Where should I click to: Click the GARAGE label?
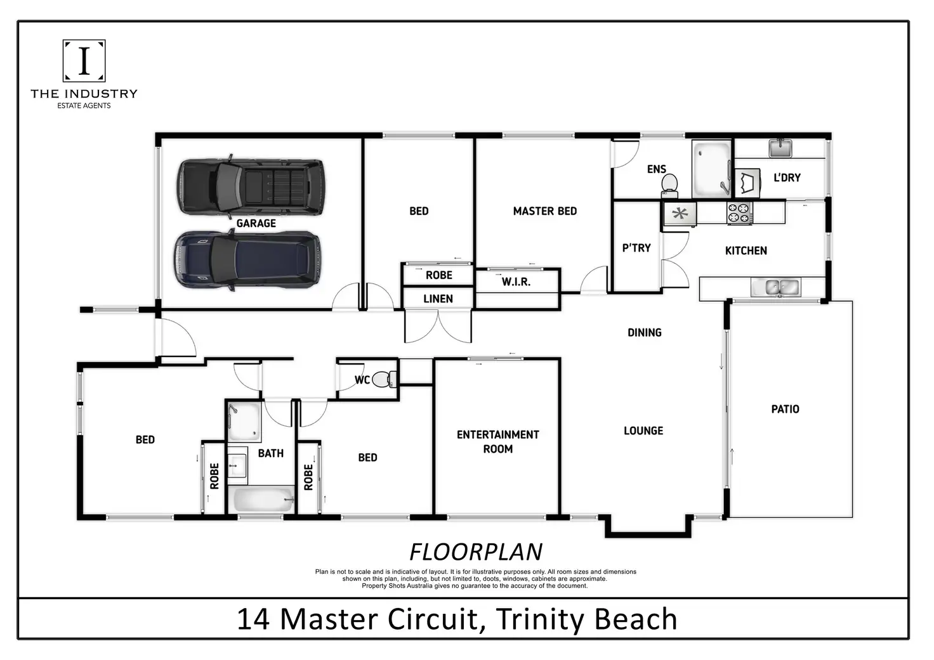point(256,223)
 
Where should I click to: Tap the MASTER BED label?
point(544,211)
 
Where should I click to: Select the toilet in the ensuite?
point(669,184)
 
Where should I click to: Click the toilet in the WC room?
point(382,379)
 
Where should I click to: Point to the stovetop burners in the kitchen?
point(739,213)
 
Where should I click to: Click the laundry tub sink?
point(780,148)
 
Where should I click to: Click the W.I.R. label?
point(516,281)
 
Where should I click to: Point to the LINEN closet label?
point(438,299)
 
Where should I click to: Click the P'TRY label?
point(636,248)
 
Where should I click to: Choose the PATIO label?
point(785,409)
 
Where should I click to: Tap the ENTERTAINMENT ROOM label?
point(497,441)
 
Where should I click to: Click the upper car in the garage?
point(251,185)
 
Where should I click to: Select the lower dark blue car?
point(247,260)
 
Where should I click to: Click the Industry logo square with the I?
point(84,61)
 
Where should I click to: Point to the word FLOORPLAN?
point(476,552)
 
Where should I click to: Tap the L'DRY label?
point(787,178)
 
